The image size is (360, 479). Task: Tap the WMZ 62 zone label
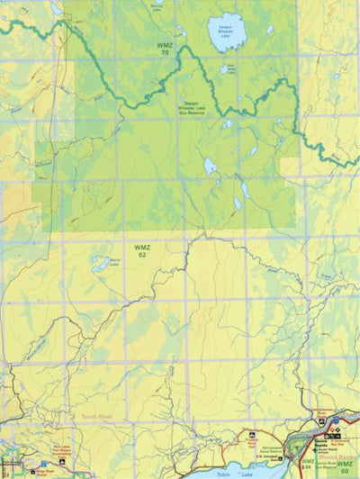click(x=141, y=250)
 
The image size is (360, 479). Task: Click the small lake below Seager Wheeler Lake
click(x=223, y=68)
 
